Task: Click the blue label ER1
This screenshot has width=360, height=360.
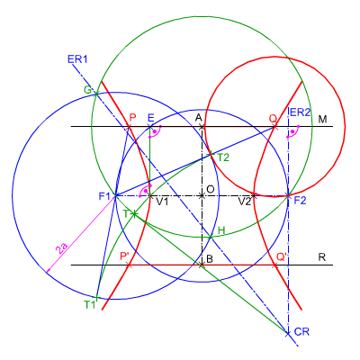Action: point(77,58)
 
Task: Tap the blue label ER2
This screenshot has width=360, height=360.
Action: point(300,112)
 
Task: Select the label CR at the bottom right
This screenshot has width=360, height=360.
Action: point(301,332)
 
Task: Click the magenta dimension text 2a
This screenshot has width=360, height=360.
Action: point(62,249)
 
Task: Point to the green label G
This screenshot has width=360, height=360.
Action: point(87,90)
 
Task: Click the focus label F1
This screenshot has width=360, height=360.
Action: point(105,196)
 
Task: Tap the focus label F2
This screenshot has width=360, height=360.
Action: point(300,201)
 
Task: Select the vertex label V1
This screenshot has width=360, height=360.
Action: point(162,202)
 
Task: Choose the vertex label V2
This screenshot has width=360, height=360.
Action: point(245,202)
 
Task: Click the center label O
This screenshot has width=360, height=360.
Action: point(211,189)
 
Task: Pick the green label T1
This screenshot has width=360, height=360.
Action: point(89,305)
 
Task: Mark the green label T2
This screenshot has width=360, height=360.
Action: point(223,157)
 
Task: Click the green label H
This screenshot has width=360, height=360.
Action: point(221,230)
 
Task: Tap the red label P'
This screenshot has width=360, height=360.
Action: point(124,256)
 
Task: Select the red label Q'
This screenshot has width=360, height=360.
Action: point(282,257)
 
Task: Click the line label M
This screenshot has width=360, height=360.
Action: point(322,120)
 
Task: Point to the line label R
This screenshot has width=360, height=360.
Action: point(322,257)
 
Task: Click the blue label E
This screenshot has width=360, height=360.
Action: point(150,118)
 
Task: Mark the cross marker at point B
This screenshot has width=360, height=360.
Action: point(202,265)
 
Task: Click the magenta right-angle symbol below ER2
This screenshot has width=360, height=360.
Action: point(292,131)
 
